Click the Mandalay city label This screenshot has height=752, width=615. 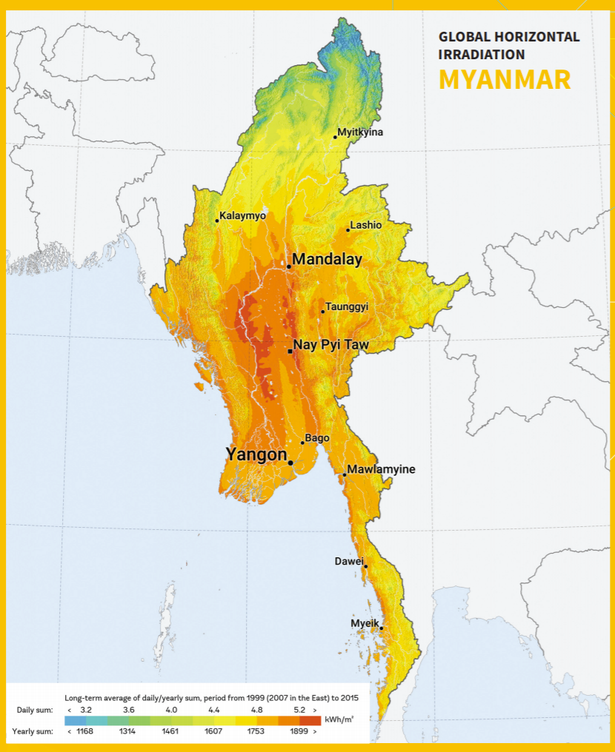coord(327,260)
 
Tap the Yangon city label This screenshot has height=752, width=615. coord(256,454)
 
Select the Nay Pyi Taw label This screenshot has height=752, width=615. coord(330,345)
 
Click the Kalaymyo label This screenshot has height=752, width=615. coord(242,215)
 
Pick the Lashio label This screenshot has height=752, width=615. coord(366,225)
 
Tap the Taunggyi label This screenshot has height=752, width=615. coord(347,306)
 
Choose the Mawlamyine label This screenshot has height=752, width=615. coord(381,469)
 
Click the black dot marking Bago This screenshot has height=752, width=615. coord(302,443)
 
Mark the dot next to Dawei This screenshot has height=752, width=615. coord(365,566)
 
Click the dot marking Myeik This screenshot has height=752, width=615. coord(382,628)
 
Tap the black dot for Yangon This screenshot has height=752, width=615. coord(290,463)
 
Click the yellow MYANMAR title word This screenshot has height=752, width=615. coord(505,78)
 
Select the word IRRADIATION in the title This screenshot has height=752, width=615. coord(482,54)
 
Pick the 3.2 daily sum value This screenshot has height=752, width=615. coord(86,710)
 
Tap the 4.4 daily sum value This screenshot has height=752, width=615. coord(214,710)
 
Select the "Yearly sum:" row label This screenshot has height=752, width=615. coord(33,731)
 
